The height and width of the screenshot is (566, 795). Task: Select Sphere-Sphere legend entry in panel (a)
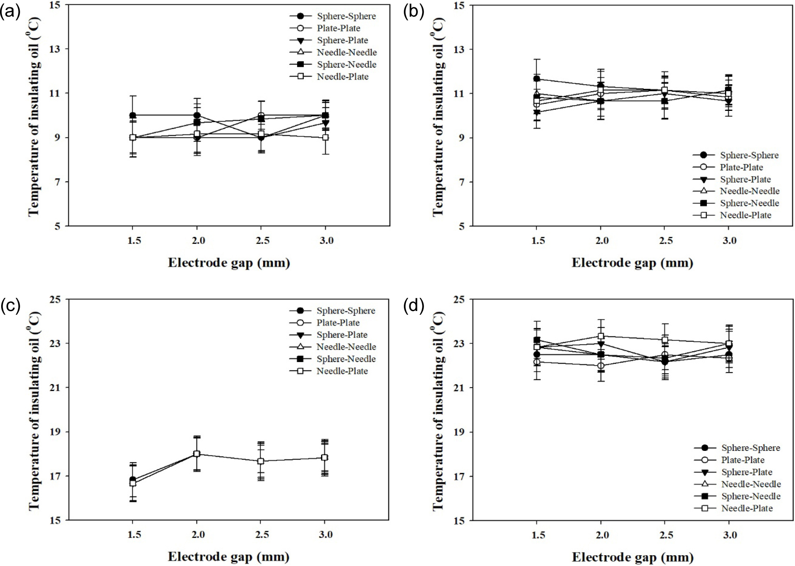coord(346,16)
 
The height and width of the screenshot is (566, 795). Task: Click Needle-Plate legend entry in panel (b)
coord(746,215)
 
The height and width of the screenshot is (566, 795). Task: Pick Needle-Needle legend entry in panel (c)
coord(346,347)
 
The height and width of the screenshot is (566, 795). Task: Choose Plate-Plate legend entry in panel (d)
coord(743,460)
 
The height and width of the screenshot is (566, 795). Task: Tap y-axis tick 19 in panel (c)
coord(57,432)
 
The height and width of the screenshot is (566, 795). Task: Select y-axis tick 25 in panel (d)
coord(460,299)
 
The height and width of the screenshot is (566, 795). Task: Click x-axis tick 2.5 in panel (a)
coord(262,241)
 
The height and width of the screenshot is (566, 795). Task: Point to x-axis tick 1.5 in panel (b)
coord(538,241)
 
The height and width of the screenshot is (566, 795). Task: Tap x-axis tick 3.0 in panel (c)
coord(325,535)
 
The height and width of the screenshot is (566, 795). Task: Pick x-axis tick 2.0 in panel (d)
coord(601,535)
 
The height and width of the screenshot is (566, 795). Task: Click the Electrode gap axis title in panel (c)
coord(228,557)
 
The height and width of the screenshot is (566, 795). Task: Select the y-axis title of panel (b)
coord(438,116)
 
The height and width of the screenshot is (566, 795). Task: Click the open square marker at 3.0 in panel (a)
coord(325,138)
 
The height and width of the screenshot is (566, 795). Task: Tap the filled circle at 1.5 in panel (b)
coord(536,79)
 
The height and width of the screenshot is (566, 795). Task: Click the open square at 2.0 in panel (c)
coord(197,454)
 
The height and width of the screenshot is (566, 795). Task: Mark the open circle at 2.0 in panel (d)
coord(601,365)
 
